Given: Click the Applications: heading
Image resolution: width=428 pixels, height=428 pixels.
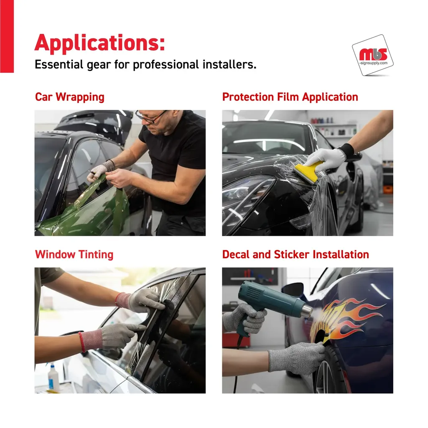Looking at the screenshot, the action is [99, 43].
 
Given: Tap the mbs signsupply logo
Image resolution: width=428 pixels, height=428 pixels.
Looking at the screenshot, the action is [372, 56].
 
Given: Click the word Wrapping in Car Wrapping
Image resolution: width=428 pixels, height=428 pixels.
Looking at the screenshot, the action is [80, 97].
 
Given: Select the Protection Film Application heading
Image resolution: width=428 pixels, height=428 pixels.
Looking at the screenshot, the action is [290, 97].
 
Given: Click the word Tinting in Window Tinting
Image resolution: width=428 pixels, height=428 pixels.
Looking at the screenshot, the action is [96, 255].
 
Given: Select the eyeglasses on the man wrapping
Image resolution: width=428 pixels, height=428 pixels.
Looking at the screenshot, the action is [150, 116].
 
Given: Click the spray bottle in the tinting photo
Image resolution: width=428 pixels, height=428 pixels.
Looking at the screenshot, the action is [53, 377].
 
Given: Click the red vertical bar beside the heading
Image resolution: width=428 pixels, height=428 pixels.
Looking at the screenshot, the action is [7, 36].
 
